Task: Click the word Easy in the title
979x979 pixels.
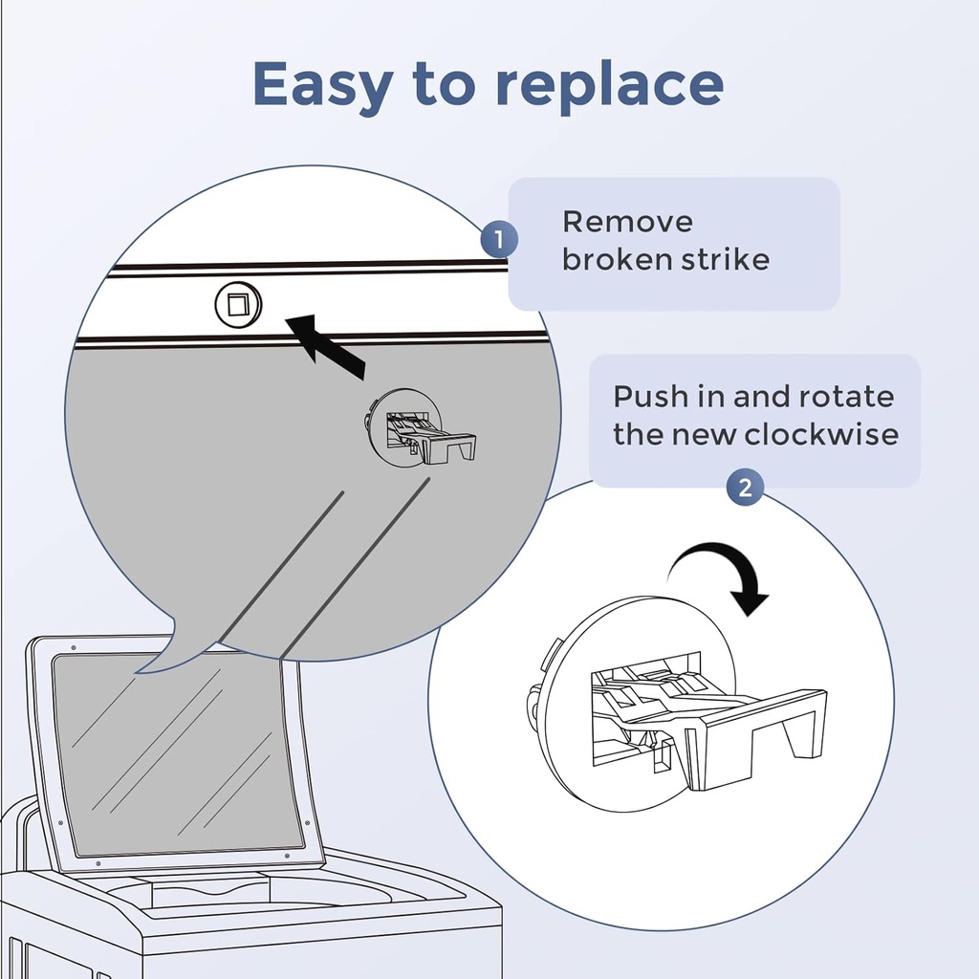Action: [321, 84]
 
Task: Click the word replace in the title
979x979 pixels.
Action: [609, 86]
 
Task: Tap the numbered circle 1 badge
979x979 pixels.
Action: [499, 239]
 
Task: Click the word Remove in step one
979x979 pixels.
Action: [627, 222]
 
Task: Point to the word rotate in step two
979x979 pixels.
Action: [847, 396]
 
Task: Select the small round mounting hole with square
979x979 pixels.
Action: [237, 306]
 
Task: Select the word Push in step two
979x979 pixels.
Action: [644, 396]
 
